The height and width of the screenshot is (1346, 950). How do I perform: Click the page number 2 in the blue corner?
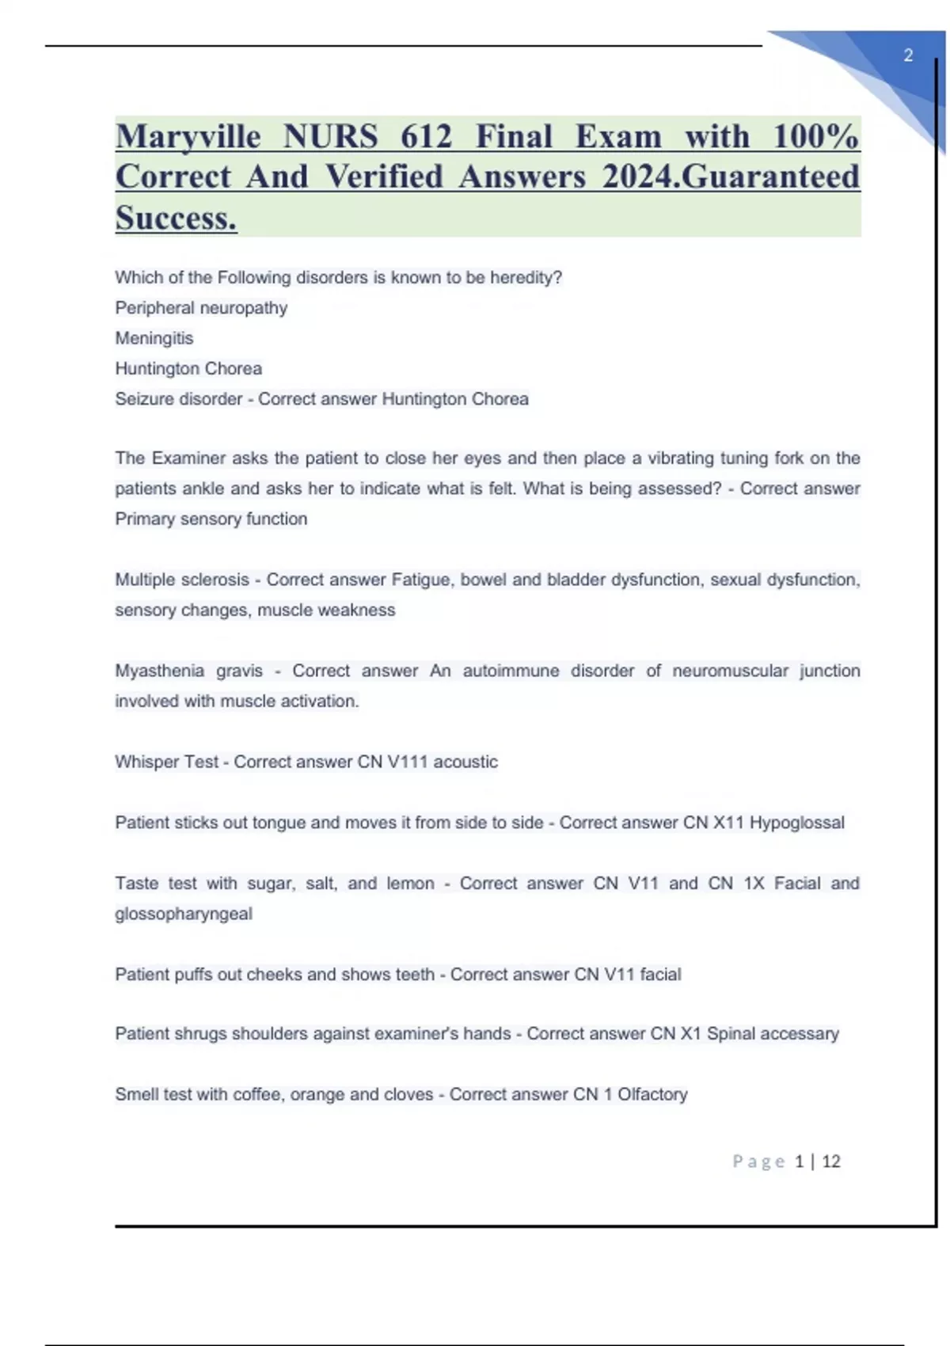tap(908, 55)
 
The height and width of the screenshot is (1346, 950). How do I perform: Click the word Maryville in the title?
tap(188, 136)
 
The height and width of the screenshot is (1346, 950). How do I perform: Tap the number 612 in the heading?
tap(426, 136)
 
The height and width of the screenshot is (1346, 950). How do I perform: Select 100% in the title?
tap(815, 136)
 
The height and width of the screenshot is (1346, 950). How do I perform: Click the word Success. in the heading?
tap(176, 218)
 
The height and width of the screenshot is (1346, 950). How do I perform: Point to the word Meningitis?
tap(154, 338)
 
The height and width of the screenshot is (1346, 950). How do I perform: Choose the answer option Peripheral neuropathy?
tap(201, 308)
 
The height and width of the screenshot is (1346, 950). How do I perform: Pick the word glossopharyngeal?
tap(184, 914)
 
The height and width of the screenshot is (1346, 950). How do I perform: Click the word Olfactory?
tap(652, 1094)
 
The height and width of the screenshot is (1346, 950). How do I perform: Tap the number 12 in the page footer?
tap(830, 1162)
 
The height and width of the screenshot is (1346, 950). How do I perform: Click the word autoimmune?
tap(511, 671)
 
